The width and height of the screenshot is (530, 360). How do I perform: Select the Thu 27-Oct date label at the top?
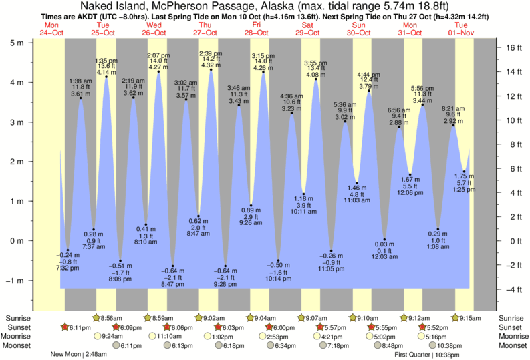point(205,29)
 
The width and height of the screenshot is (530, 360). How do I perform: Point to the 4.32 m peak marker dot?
point(211,70)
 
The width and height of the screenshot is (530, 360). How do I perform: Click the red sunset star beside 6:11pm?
point(64,327)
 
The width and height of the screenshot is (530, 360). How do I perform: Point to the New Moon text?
point(68,355)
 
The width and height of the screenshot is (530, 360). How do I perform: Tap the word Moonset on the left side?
point(19,346)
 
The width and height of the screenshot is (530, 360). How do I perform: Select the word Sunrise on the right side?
point(512,317)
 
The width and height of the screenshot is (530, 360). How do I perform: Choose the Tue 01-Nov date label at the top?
point(461,29)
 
